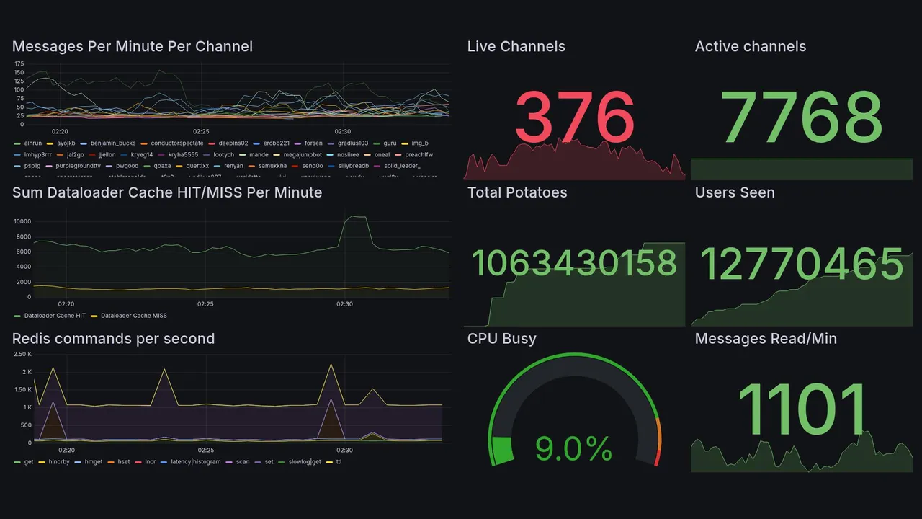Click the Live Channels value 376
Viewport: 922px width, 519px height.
click(x=575, y=117)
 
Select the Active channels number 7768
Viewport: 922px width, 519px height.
click(x=802, y=117)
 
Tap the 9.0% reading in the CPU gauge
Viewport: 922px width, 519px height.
click(x=573, y=449)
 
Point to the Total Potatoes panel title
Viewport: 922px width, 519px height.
click(x=516, y=192)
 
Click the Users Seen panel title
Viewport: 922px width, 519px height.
click(x=735, y=192)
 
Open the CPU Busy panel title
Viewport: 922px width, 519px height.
click(x=501, y=339)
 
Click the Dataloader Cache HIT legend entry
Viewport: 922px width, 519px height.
click(x=55, y=316)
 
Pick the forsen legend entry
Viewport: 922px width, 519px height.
click(x=313, y=143)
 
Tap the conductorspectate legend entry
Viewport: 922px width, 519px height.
click(x=176, y=143)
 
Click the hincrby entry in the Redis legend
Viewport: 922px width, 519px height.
click(x=58, y=461)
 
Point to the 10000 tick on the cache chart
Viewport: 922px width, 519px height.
click(x=22, y=221)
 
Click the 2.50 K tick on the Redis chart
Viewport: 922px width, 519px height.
click(x=22, y=354)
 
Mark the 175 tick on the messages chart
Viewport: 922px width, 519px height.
click(x=19, y=64)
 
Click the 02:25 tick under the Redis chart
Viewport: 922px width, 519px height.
click(x=205, y=450)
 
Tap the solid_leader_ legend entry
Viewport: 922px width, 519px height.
click(x=402, y=166)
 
